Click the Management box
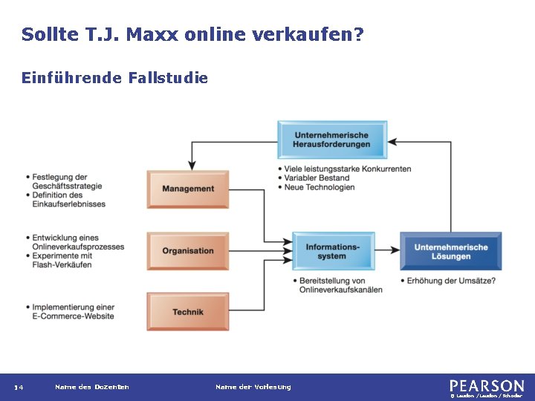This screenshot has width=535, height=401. click(188, 189)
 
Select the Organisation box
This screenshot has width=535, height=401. click(188, 251)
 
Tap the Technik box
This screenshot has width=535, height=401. click(188, 312)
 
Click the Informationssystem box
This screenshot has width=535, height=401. click(332, 251)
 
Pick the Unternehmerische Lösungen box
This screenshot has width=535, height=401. click(451, 251)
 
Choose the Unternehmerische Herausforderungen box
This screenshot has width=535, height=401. click(331, 140)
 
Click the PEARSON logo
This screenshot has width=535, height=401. click(487, 386)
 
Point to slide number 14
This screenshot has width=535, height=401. click(19, 387)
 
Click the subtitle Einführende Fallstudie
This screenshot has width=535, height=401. click(115, 77)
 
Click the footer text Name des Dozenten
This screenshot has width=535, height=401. click(92, 387)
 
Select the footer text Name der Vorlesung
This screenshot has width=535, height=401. click(253, 387)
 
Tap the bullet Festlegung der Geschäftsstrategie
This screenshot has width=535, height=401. click(67, 181)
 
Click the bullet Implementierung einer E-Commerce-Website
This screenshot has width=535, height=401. click(73, 312)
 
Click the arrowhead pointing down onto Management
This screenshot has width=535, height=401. click(192, 166)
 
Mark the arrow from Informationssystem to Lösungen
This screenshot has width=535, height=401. click(386, 251)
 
